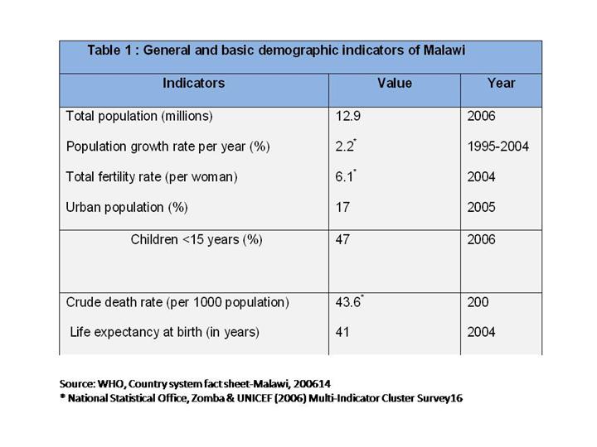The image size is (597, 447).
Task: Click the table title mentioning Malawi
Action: pos(276,50)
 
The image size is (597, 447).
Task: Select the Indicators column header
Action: pos(193,84)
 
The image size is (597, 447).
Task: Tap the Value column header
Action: pos(394,84)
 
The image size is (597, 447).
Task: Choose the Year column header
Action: pos(501,84)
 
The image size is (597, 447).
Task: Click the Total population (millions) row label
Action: pos(139,116)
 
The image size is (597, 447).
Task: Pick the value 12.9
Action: pos(347,116)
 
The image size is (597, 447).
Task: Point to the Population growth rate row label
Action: pos(168,147)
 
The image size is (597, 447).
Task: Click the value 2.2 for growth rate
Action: pos(344,147)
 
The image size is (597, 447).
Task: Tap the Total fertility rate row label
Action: pos(152,177)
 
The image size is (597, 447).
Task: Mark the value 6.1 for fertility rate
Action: pos(344,177)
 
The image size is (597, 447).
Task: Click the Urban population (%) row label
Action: pos(127,208)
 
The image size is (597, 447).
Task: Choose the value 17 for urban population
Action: pos(342,208)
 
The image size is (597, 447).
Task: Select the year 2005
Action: pos(481,208)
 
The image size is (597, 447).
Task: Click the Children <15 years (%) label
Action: pos(197,240)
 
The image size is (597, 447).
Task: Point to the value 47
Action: pos(342,240)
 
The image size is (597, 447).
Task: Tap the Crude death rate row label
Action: pos(177,302)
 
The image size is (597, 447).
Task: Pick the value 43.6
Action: pos(347,302)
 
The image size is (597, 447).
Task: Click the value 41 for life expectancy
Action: pos(342,333)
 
